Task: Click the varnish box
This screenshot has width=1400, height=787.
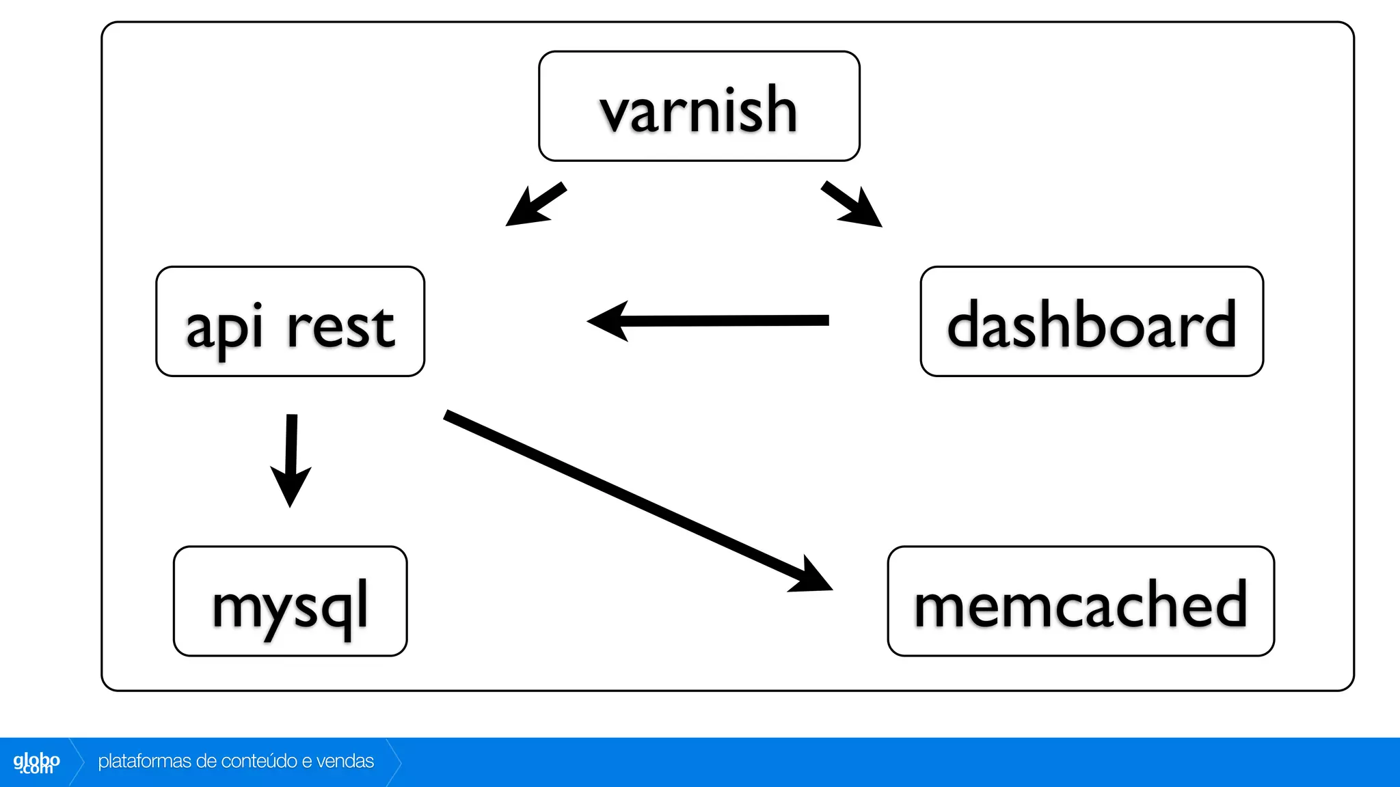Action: (699, 107)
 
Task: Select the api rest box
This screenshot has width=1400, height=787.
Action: (290, 322)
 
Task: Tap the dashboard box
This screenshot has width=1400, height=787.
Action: (1091, 322)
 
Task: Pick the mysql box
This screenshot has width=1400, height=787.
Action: (290, 601)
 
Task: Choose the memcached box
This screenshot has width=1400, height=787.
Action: (1080, 601)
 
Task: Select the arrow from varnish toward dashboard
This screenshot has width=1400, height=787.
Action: (851, 204)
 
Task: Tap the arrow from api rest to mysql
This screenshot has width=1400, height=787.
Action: (291, 458)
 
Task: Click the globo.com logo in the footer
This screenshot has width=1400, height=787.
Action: (36, 762)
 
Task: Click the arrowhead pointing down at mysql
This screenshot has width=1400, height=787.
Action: (291, 485)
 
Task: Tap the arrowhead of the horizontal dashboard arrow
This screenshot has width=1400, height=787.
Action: (610, 321)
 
